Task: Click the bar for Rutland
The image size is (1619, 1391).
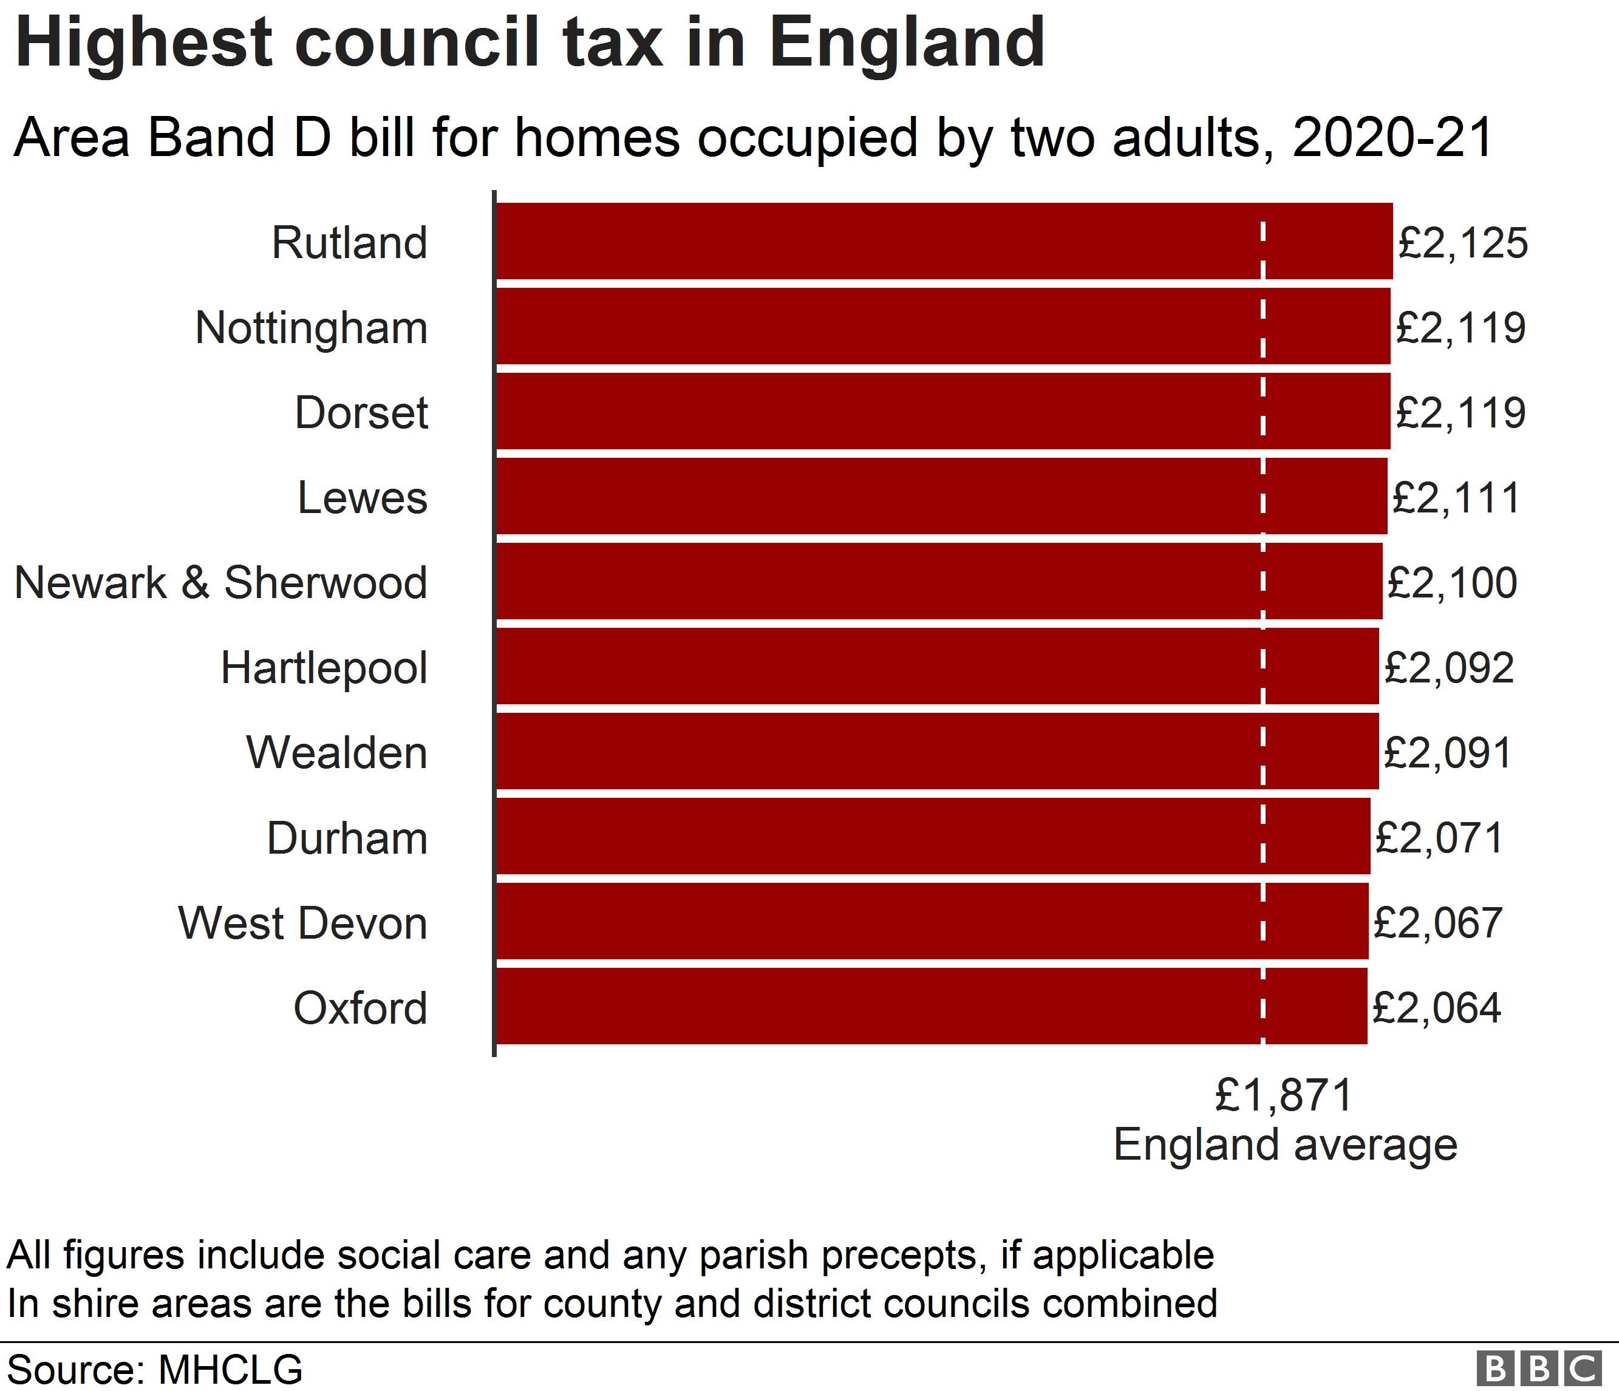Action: tap(944, 240)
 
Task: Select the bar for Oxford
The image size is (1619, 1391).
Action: tap(932, 1006)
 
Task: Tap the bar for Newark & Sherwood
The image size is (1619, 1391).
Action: tap(938, 582)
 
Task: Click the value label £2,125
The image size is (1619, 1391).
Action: tap(1462, 243)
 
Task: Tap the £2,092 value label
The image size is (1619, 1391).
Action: tap(1449, 668)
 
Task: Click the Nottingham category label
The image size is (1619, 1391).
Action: tap(311, 328)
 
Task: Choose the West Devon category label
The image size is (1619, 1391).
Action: tap(302, 923)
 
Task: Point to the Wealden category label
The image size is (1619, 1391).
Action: tap(337, 753)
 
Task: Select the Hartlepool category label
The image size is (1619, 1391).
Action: tap(324, 668)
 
